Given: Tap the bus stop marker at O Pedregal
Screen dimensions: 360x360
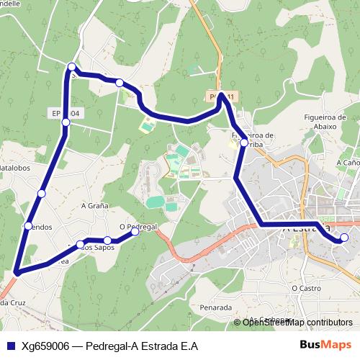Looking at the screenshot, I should click(x=135, y=232).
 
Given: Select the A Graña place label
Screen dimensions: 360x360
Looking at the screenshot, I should click(x=94, y=205).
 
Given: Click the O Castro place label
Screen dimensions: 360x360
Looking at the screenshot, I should click(x=305, y=288).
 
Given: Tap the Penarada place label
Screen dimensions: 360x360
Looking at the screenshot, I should click(x=216, y=307).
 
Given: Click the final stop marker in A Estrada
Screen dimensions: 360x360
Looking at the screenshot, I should click(x=344, y=238).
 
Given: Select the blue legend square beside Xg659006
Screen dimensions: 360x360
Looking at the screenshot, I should click(x=10, y=346).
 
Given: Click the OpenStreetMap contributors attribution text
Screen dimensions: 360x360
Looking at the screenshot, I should click(x=297, y=323).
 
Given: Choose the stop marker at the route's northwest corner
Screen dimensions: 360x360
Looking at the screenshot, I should click(x=71, y=67).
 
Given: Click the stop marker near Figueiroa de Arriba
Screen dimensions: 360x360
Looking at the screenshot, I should click(x=244, y=143).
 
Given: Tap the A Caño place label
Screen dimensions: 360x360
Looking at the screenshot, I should click(x=348, y=163).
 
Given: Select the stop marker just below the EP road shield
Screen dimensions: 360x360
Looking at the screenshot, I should click(x=66, y=123).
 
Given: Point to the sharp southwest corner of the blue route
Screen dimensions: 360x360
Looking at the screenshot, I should click(x=15, y=272).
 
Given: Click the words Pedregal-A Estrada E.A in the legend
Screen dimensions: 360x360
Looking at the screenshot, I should click(x=141, y=346).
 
